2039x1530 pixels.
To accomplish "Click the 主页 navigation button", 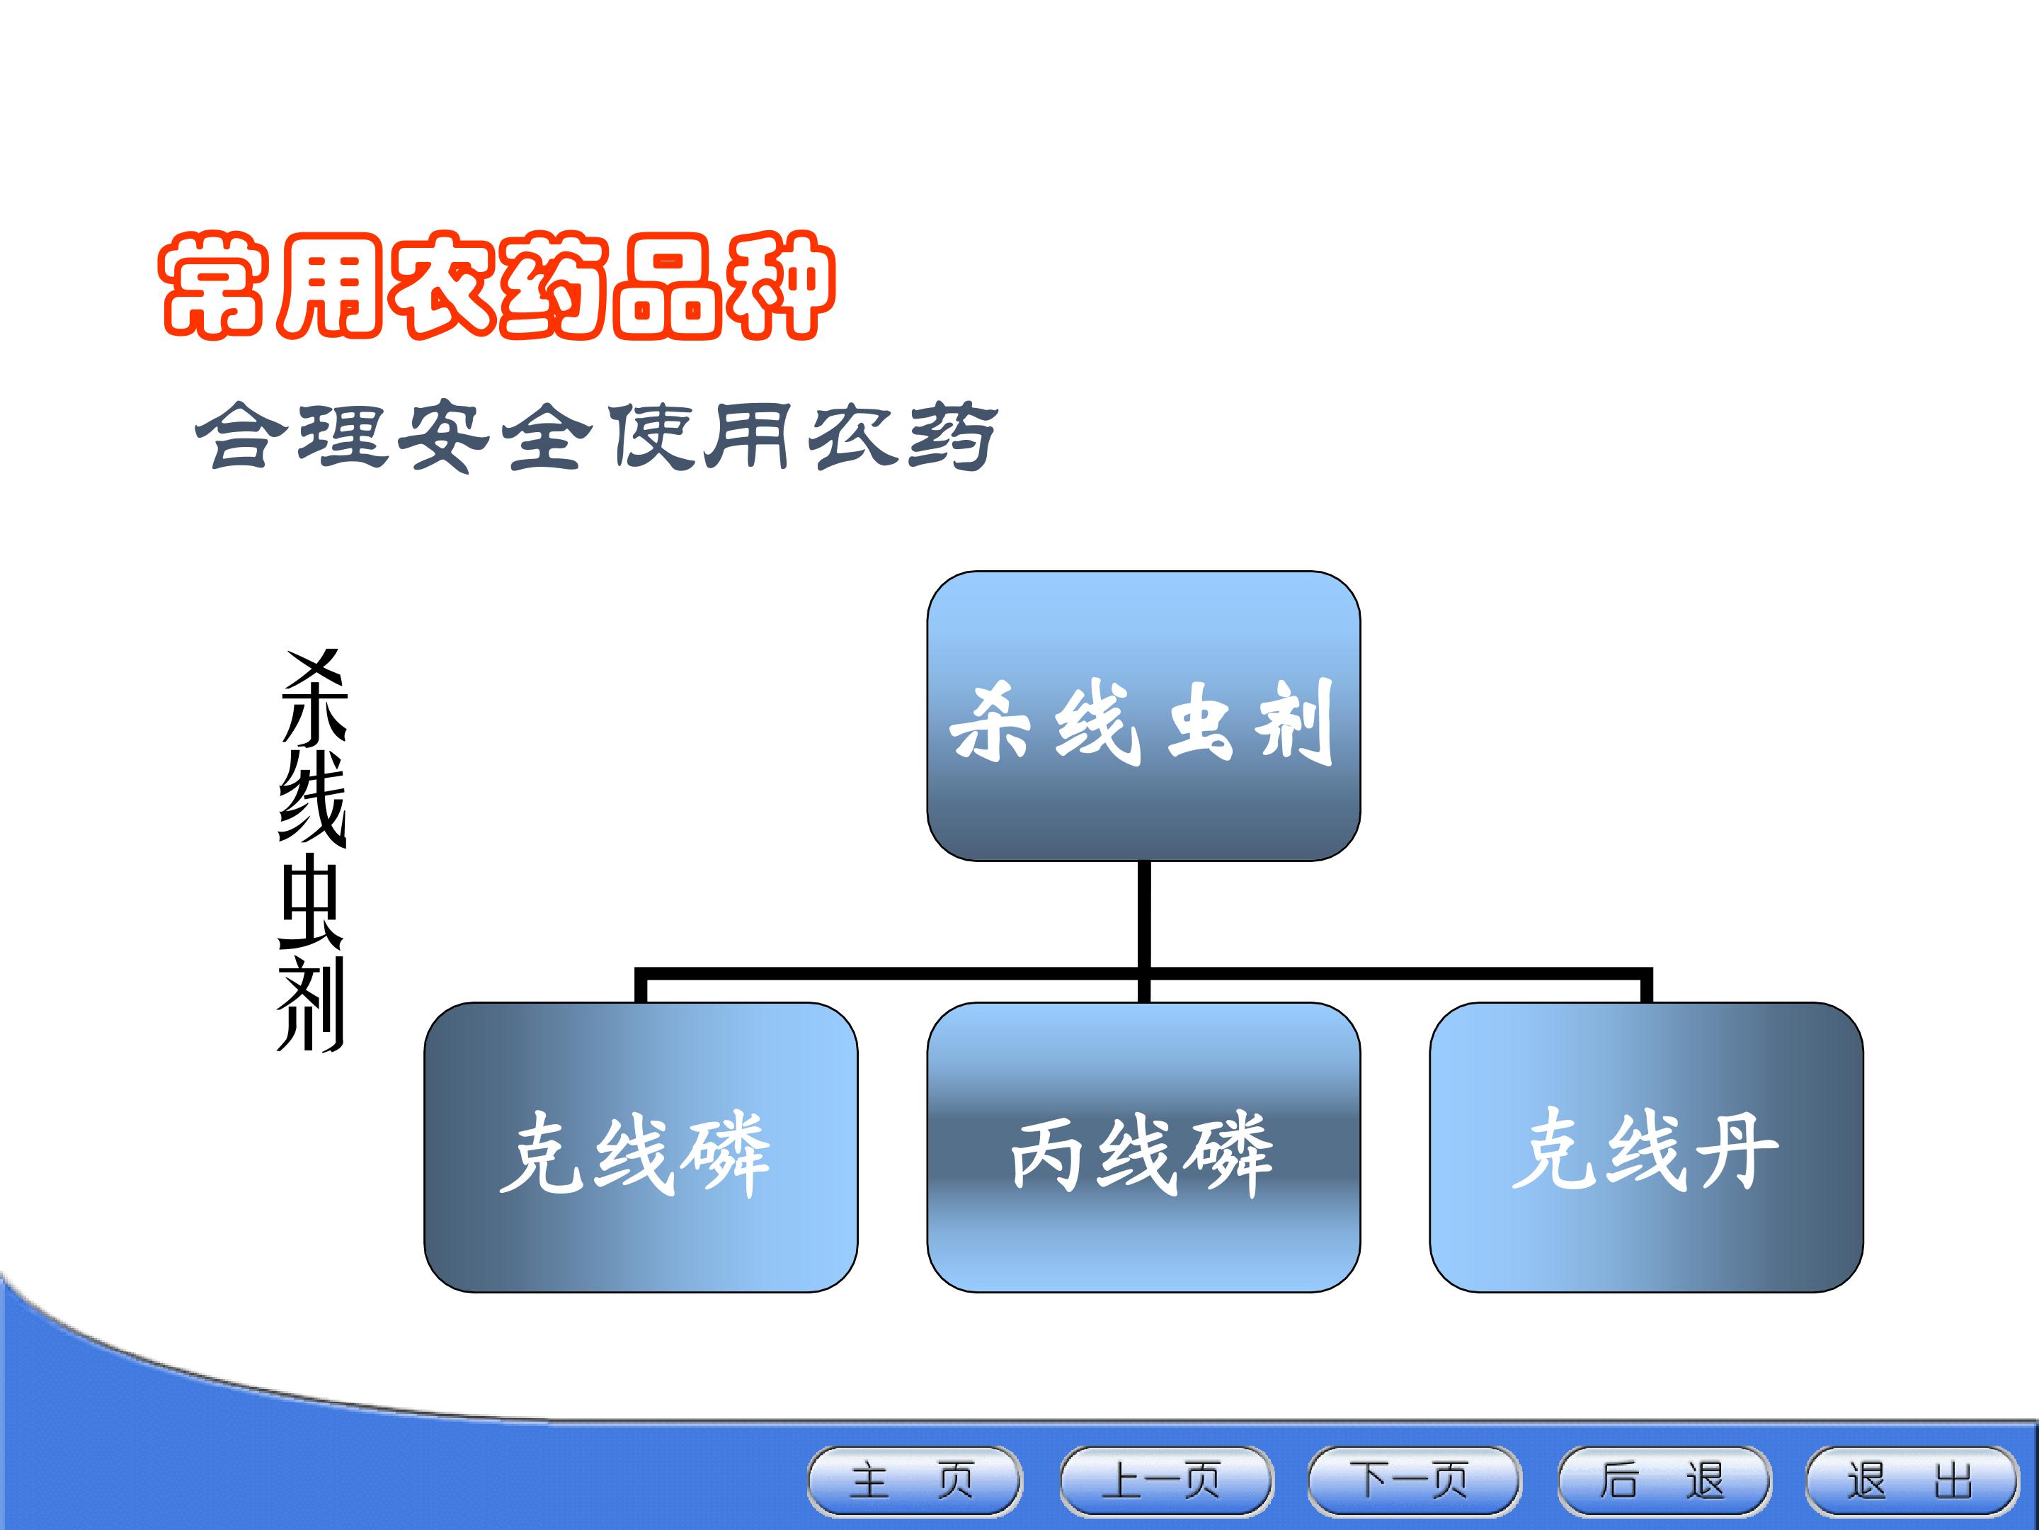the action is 915,1481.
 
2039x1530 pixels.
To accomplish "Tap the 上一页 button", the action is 1166,1481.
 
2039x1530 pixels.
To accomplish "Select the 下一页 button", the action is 1414,1481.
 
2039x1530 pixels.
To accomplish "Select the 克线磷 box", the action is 641,1147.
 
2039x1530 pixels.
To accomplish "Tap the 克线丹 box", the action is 1646,1147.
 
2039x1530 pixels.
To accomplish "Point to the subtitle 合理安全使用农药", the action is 596,436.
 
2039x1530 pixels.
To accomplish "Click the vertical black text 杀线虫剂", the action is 312,850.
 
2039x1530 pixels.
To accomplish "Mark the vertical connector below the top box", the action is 1144,931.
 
